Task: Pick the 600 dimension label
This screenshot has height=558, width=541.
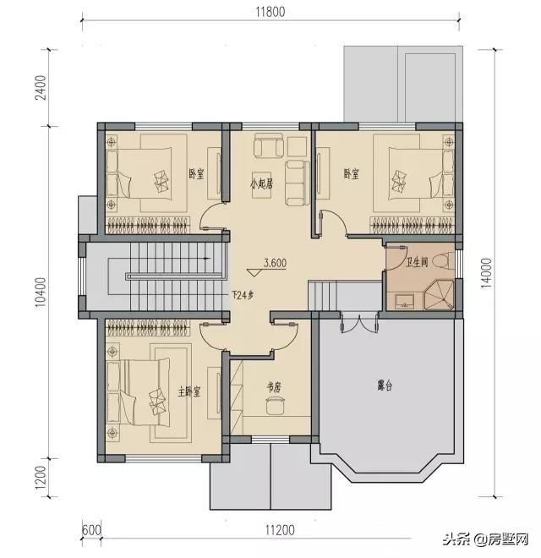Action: tap(92, 530)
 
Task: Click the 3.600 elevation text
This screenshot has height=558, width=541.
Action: tap(276, 263)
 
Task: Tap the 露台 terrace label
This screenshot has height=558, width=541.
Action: tap(385, 386)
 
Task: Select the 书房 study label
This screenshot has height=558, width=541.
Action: tap(274, 386)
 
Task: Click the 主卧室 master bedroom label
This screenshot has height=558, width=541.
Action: tap(189, 391)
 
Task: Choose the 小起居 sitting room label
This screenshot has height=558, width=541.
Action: tap(260, 183)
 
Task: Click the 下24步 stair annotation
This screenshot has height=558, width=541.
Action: tap(243, 296)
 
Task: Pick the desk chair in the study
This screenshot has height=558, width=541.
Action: tap(275, 408)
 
